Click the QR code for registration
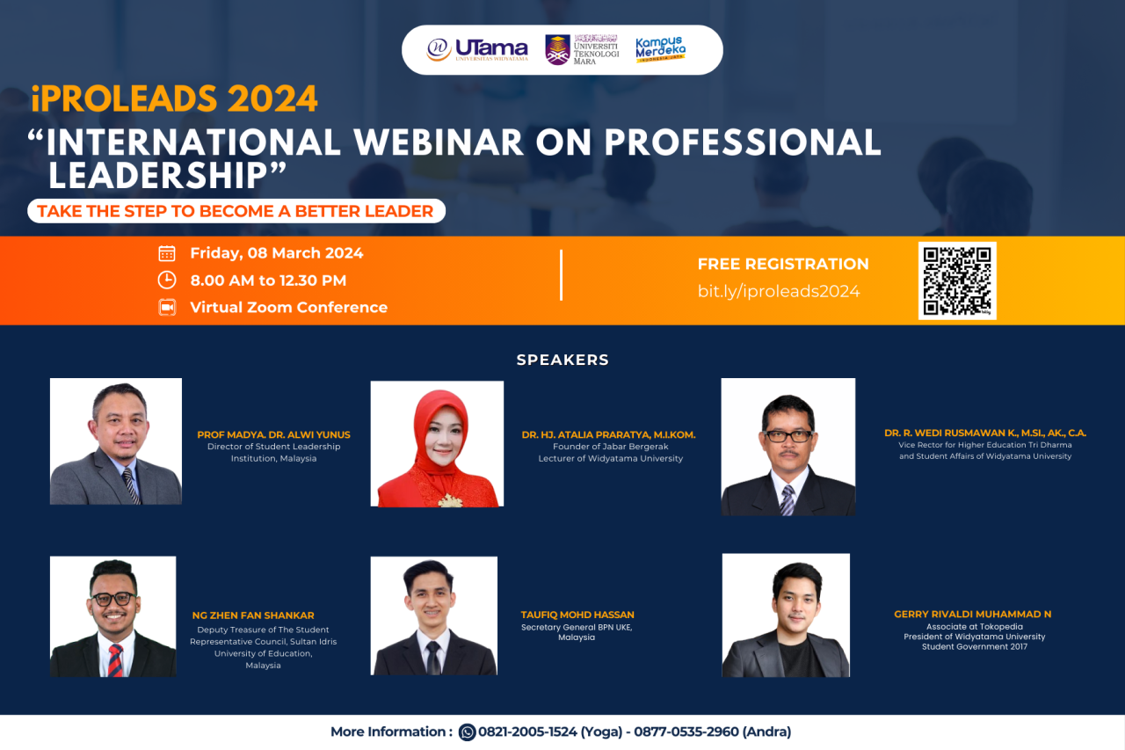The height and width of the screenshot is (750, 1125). click(x=957, y=280)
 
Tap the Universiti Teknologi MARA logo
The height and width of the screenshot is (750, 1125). click(x=582, y=49)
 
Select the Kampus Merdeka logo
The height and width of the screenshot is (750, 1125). click(x=660, y=49)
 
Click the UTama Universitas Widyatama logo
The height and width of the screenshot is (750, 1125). click(x=477, y=49)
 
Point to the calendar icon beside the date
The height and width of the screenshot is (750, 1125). click(x=167, y=253)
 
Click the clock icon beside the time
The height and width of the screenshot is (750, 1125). click(x=167, y=280)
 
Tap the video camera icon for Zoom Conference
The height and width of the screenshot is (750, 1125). click(x=167, y=307)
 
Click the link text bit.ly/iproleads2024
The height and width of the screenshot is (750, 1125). click(x=778, y=291)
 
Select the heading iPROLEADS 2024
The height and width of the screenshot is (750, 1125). click(x=174, y=99)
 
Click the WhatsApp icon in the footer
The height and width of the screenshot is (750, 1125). click(x=468, y=732)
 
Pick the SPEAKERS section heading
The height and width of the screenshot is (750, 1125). click(x=562, y=360)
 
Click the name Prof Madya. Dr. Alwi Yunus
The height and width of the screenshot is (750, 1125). click(x=273, y=434)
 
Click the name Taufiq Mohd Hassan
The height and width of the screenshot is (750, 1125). click(x=577, y=615)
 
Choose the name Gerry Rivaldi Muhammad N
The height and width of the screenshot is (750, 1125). click(x=972, y=614)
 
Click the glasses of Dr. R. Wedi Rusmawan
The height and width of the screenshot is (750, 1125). click(x=788, y=435)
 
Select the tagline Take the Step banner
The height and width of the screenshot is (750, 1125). click(x=236, y=211)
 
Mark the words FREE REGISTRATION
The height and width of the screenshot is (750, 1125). click(x=783, y=264)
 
